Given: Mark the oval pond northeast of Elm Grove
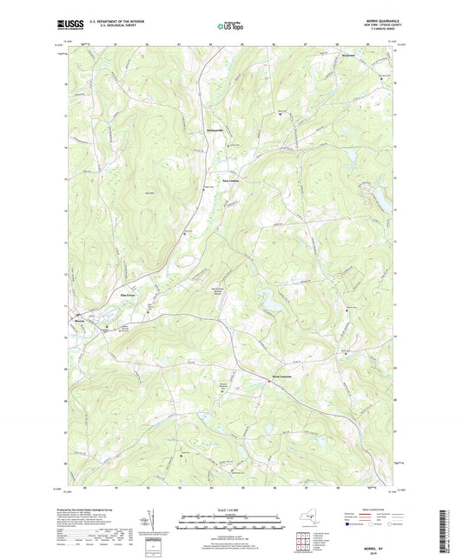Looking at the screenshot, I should pyautogui.click(x=185, y=262).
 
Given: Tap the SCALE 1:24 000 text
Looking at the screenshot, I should pyautogui.click(x=230, y=510).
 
